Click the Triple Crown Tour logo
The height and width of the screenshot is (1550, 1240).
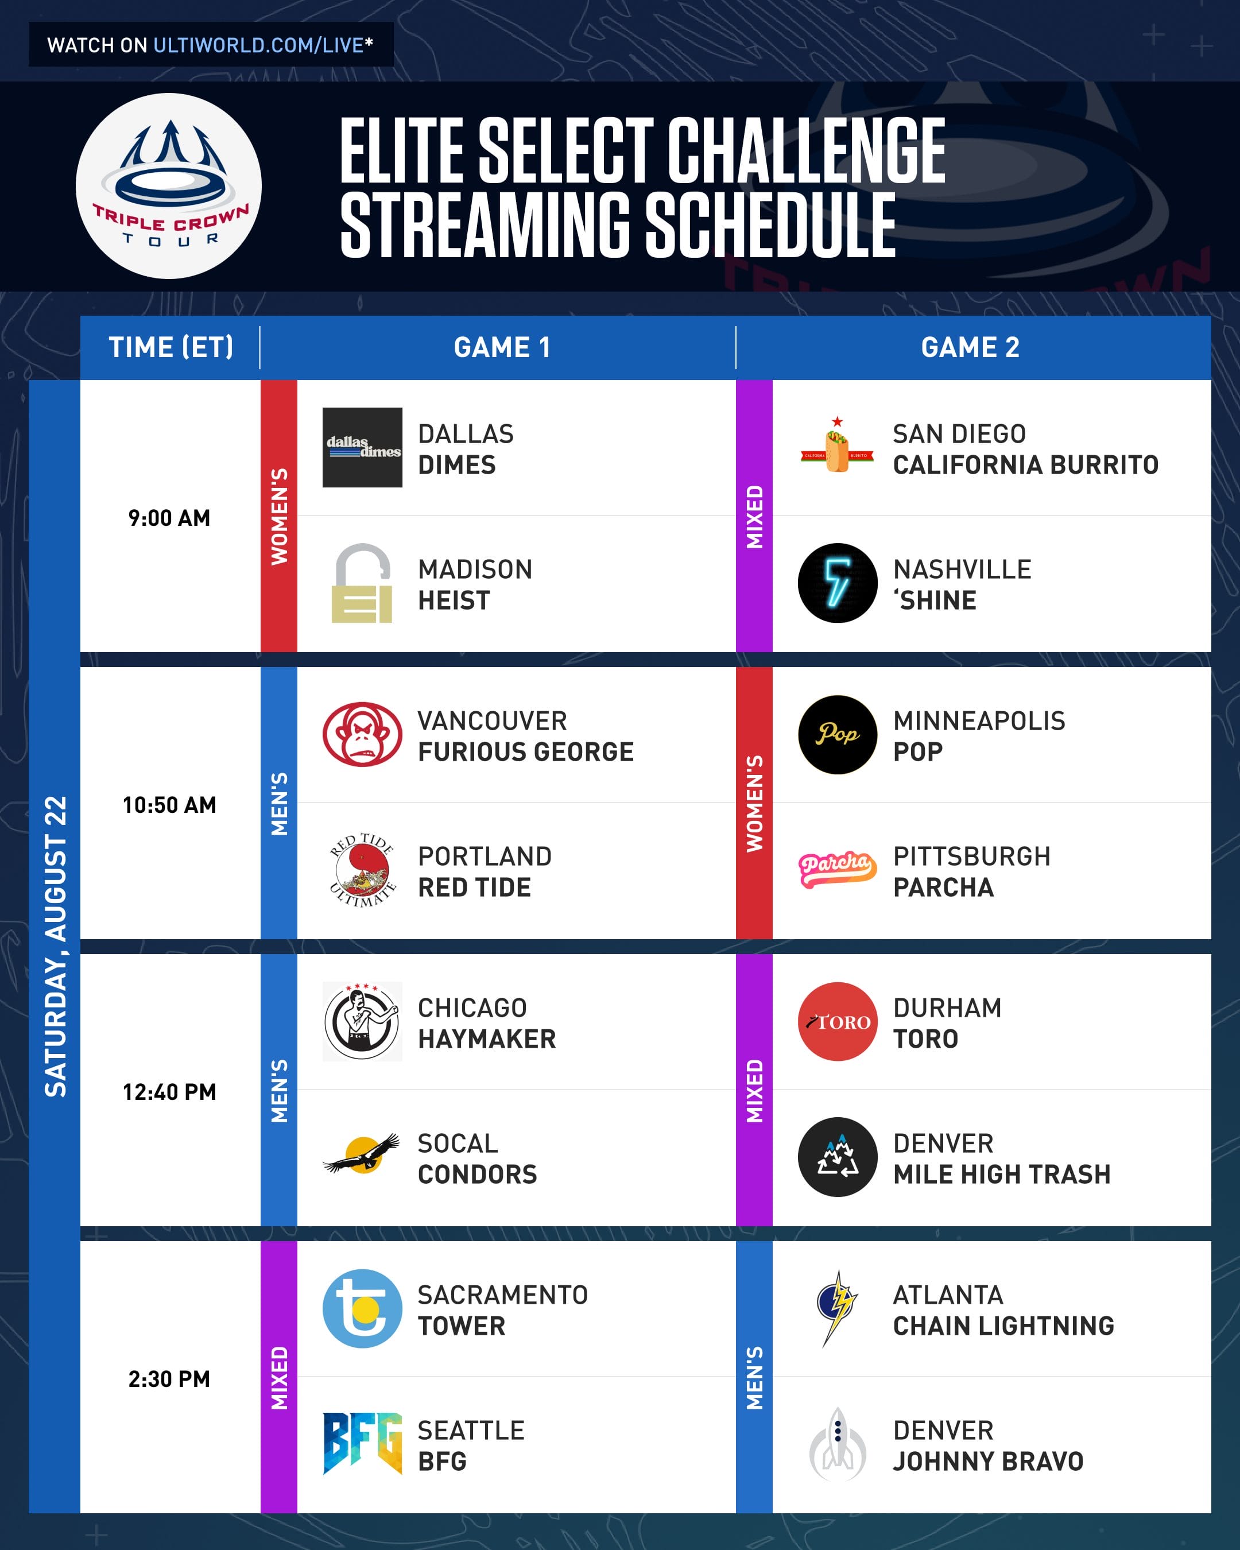point(168,185)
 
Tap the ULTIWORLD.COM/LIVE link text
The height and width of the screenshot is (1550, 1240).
point(259,45)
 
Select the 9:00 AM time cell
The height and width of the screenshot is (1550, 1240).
point(170,518)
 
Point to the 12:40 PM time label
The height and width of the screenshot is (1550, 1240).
point(170,1092)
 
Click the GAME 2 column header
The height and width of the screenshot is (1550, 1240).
point(970,347)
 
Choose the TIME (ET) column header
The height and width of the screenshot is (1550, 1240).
point(171,347)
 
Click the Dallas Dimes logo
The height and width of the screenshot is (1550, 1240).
point(362,447)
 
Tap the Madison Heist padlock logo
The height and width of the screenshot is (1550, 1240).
point(362,583)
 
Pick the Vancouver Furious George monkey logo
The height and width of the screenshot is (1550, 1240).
point(362,734)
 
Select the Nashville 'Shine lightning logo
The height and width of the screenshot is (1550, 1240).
point(838,583)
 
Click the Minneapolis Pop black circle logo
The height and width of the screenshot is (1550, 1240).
point(838,734)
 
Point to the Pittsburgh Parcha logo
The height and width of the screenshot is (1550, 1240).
point(838,869)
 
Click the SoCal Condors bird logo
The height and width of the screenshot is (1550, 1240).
point(362,1154)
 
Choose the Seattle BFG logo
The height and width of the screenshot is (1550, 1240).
point(362,1444)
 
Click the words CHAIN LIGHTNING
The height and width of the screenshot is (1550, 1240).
point(1003,1326)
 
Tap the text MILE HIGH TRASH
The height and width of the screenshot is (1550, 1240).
point(1002,1174)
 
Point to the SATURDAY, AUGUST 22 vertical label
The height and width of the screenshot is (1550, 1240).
point(55,946)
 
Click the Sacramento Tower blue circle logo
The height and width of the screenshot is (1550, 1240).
point(362,1308)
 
